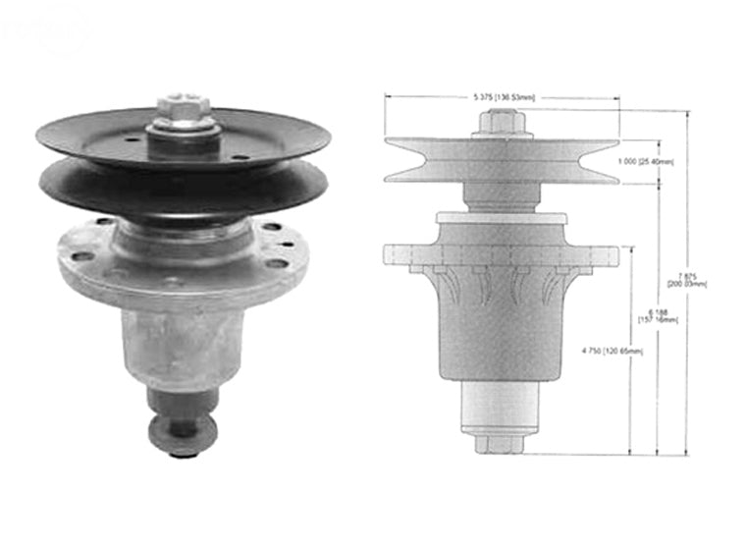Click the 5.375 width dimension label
(502, 97)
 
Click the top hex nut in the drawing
(502, 122)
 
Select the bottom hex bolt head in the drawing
(501, 444)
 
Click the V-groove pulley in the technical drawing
(501, 159)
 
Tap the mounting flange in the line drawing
(501, 255)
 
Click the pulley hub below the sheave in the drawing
(501, 194)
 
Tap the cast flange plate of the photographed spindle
(182, 263)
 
